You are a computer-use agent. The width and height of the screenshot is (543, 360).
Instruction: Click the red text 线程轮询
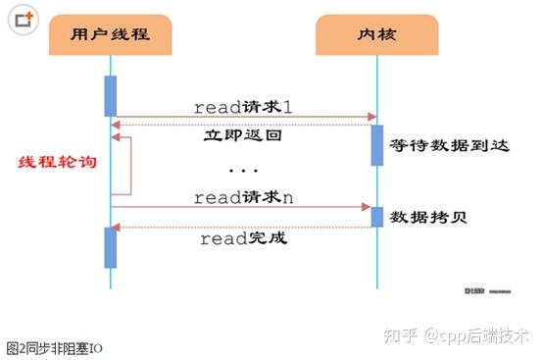click(x=58, y=160)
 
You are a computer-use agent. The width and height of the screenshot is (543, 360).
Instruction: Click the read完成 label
click(x=243, y=238)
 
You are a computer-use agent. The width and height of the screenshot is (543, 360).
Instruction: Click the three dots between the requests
click(x=242, y=169)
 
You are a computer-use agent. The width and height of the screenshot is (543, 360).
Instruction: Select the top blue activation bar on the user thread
click(x=111, y=95)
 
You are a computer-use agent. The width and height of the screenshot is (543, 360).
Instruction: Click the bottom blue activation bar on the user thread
click(x=111, y=247)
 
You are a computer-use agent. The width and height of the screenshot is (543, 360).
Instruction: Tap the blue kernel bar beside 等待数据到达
click(x=376, y=143)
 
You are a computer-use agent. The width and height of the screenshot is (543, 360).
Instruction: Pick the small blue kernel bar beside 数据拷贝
click(x=376, y=216)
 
